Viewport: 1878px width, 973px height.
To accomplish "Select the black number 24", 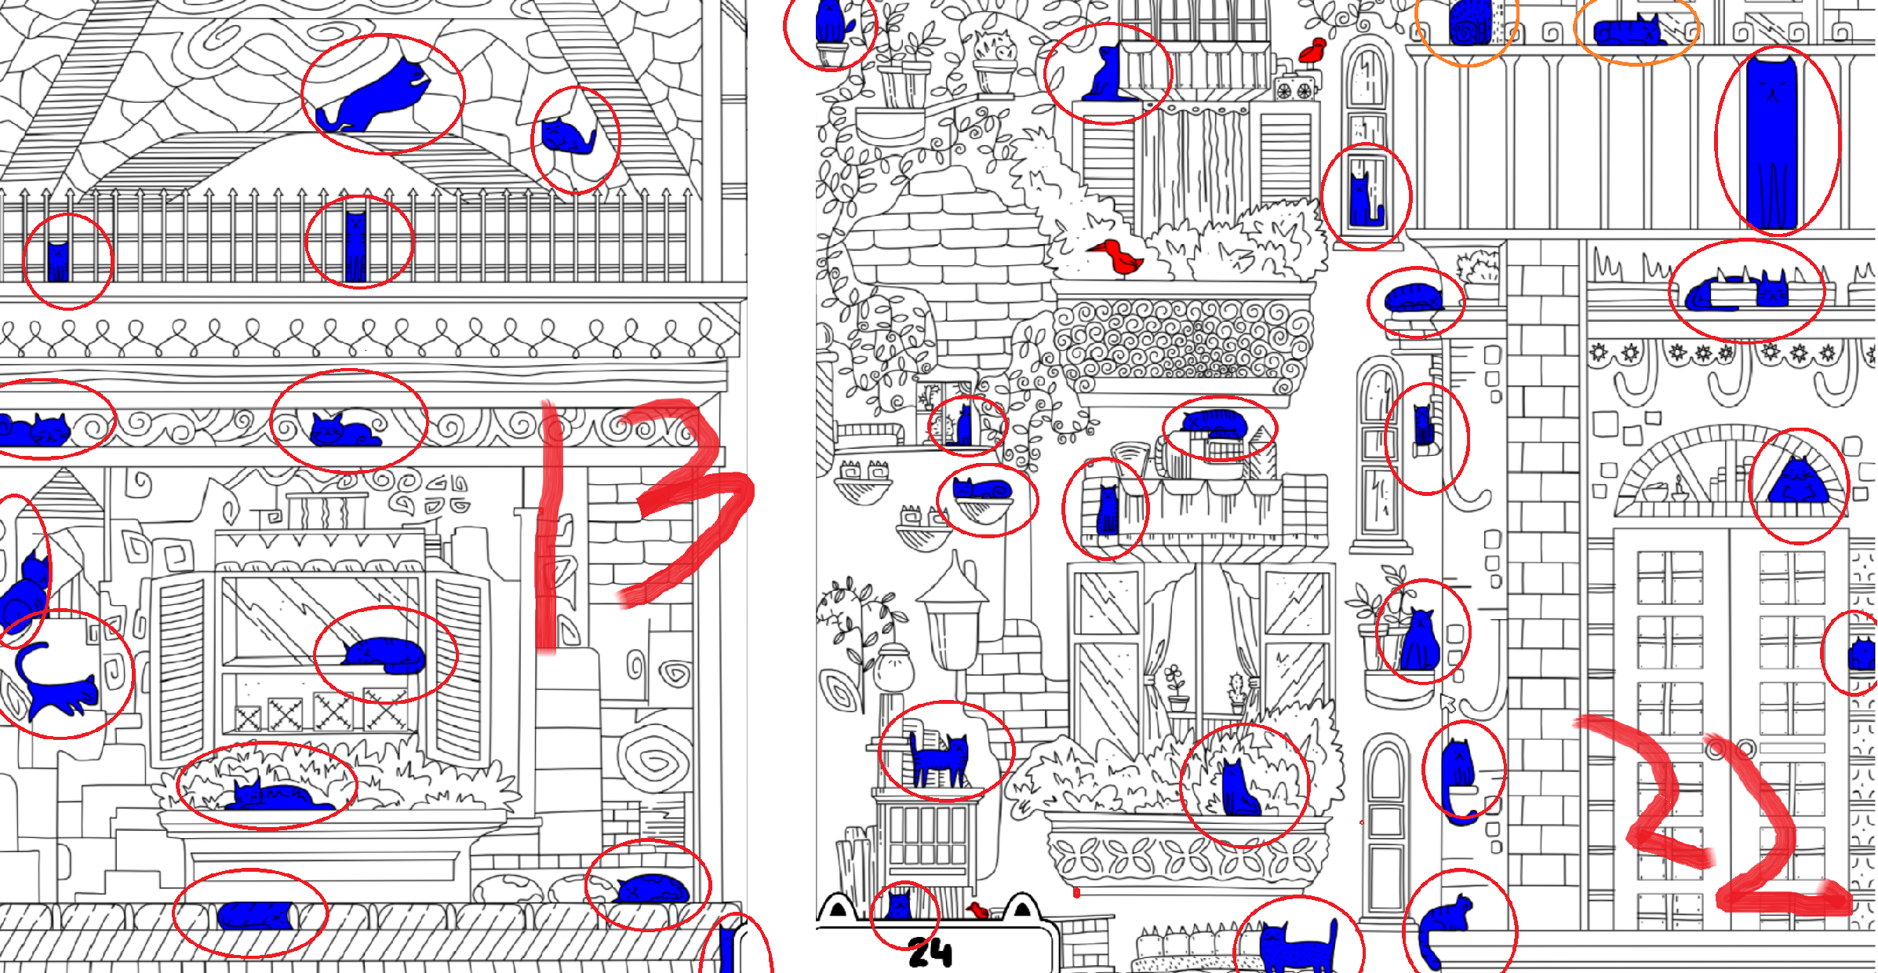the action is pos(930,953).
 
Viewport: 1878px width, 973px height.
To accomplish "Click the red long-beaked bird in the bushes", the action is pos(1118,257).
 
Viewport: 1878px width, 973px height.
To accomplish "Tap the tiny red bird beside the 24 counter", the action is pos(977,910).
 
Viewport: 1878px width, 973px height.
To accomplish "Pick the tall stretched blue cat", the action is pos(1771,141).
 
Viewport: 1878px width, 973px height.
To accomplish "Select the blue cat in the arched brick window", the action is pos(1798,480).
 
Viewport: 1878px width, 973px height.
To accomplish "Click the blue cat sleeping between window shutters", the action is pos(383,654).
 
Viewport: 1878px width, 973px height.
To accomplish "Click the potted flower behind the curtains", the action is pos(1174,687).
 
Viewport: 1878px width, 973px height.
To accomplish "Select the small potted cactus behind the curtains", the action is pos(1237,691).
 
